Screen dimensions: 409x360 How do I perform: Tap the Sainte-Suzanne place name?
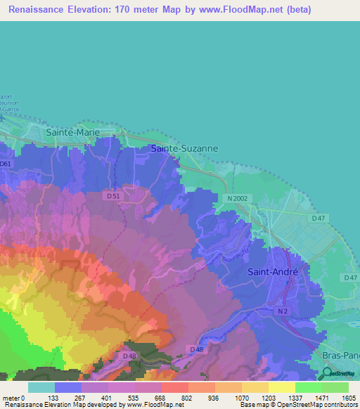click(x=185, y=148)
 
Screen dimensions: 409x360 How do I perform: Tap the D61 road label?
click(x=6, y=164)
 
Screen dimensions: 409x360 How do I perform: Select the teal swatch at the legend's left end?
click(x=41, y=387)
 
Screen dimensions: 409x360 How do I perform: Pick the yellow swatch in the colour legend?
click(x=281, y=387)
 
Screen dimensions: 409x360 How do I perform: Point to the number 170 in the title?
click(x=118, y=10)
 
